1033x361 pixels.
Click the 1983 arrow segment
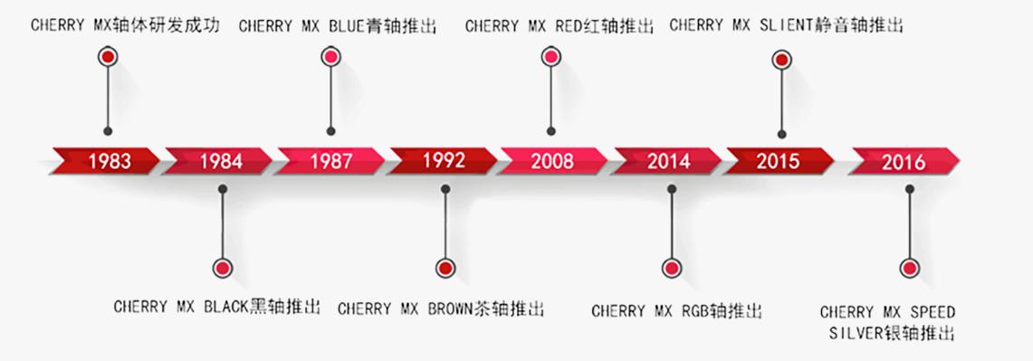click(109, 161)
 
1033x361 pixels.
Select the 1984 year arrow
click(221, 161)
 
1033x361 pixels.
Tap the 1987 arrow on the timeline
click(331, 161)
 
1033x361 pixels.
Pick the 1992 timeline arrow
click(444, 160)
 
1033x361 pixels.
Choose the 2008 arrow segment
click(552, 161)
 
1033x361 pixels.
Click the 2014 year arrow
click(668, 161)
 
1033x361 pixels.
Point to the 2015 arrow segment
click(778, 161)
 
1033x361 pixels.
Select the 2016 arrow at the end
click(904, 162)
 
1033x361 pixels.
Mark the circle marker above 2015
click(781, 61)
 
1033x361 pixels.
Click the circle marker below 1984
click(222, 268)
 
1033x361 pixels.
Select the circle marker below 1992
click(445, 269)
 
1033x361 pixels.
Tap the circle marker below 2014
click(671, 269)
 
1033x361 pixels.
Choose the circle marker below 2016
click(909, 269)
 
